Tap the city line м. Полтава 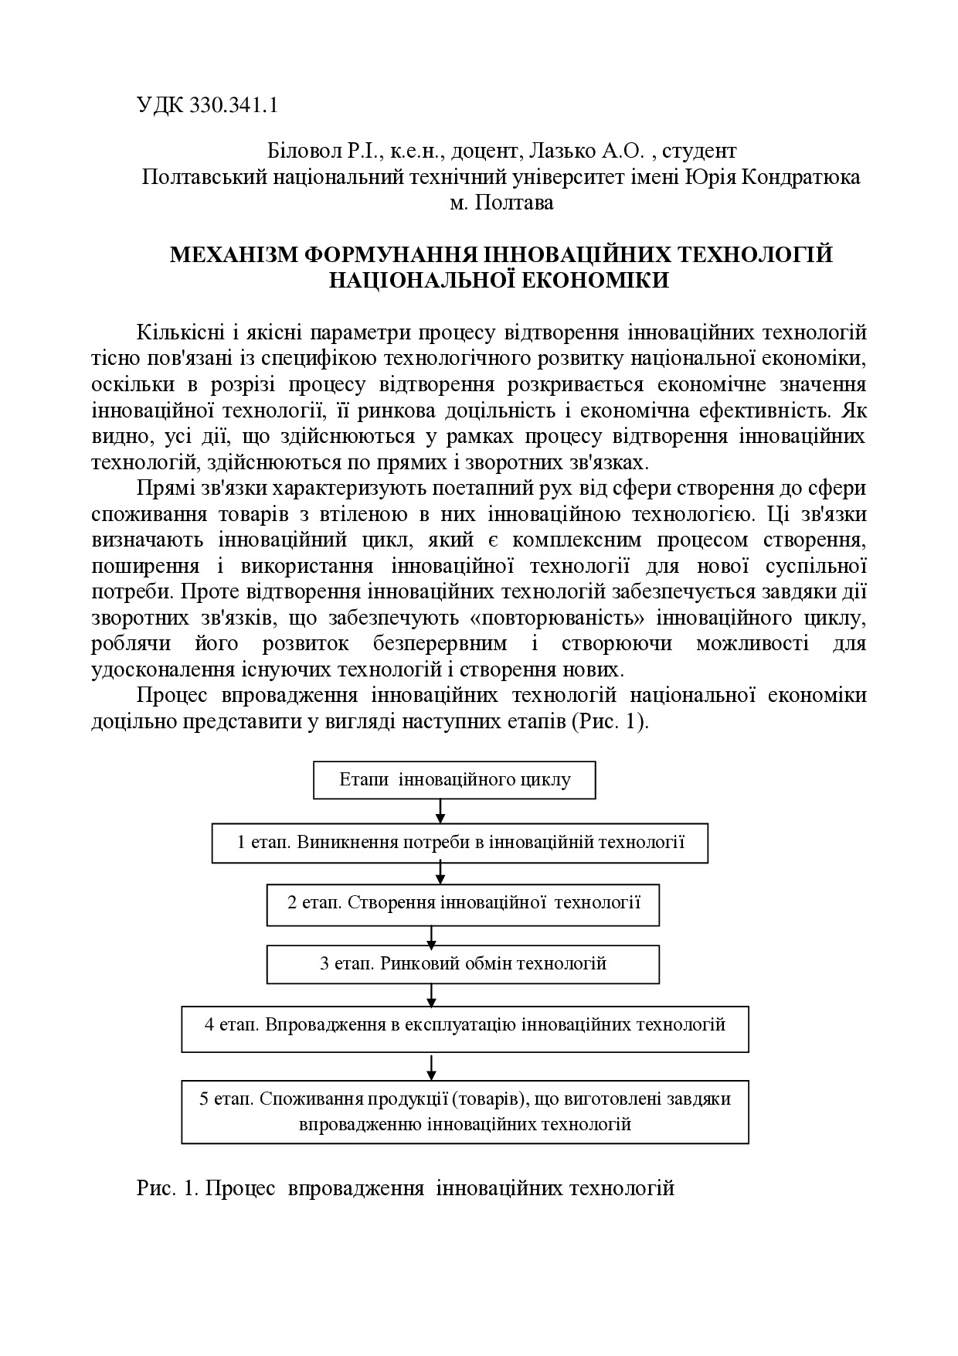coord(501,203)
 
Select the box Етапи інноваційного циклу coord(454,779)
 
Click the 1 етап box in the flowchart coord(460,842)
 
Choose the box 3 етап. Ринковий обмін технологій coord(463,964)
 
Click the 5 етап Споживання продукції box coord(464,1111)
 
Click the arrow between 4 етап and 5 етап coord(431,1066)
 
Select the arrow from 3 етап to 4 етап coord(431,994)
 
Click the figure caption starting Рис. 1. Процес coord(406,1187)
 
